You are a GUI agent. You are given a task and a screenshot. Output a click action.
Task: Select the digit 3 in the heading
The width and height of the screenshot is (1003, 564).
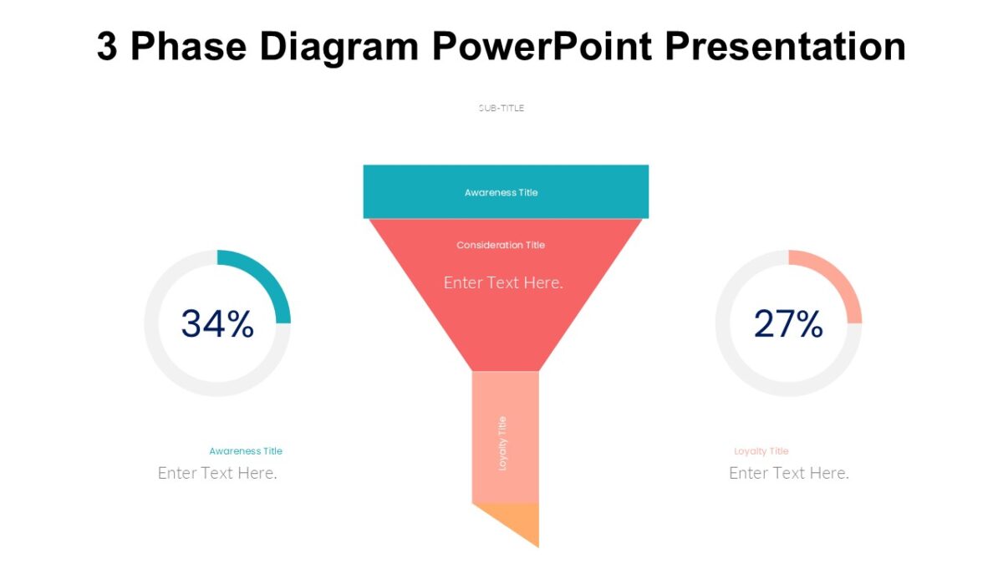(107, 47)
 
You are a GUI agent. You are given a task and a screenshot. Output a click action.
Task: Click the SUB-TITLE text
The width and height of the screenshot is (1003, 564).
(501, 108)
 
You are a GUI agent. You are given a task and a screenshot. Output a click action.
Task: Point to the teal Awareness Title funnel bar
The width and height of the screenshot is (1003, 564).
(401, 192)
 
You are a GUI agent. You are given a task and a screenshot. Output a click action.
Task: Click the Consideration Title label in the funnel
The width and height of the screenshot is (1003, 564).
(501, 245)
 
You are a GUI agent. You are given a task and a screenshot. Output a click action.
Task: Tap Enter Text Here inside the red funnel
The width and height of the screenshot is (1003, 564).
(503, 282)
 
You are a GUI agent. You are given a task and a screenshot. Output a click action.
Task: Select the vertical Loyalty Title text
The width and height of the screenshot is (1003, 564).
(502, 443)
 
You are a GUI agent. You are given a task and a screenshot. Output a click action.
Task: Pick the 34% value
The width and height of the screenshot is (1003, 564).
(217, 324)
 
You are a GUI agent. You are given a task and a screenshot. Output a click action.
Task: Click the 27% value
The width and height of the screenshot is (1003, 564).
(788, 324)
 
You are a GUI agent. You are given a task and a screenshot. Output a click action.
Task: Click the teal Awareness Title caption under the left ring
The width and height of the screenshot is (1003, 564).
(246, 451)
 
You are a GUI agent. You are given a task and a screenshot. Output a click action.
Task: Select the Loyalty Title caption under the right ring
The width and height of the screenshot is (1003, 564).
(761, 451)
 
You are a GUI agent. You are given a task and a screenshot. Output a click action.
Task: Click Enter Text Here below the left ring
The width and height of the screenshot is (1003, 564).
(217, 473)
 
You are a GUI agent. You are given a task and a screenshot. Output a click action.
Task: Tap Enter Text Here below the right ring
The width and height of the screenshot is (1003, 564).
(789, 473)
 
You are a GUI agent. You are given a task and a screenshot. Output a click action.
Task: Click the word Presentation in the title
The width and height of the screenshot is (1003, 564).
(785, 47)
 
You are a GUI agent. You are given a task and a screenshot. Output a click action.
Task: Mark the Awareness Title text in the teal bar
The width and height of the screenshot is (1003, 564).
(501, 192)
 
